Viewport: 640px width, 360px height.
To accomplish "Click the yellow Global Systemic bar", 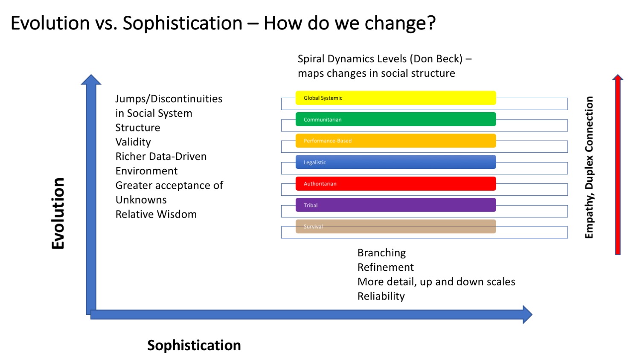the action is pyautogui.click(x=396, y=98).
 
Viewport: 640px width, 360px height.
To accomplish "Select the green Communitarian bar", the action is pyautogui.click(x=396, y=119).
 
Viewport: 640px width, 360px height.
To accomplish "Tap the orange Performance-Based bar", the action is pyautogui.click(x=396, y=141).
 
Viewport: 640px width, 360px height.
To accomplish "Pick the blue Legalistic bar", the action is pyautogui.click(x=396, y=162).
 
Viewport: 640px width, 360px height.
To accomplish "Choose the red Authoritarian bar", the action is pyautogui.click(x=396, y=183).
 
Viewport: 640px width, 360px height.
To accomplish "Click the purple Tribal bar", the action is pyautogui.click(x=396, y=205).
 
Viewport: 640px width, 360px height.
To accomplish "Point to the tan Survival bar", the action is pyautogui.click(x=396, y=226).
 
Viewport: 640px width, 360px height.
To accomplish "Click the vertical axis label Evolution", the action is pyautogui.click(x=58, y=213).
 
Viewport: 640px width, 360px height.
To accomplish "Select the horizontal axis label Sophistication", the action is pyautogui.click(x=194, y=345).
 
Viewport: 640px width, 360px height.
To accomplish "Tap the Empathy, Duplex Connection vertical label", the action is pyautogui.click(x=589, y=168).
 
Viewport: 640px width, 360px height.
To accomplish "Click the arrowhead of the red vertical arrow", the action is pyautogui.click(x=618, y=77).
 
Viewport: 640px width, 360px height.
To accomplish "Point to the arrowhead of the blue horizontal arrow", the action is pyautogui.click(x=527, y=314).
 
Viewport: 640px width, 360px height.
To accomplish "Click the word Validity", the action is pyautogui.click(x=133, y=142).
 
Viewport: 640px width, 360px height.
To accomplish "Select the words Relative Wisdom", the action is pyautogui.click(x=156, y=214).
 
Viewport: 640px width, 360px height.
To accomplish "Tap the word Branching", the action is pyautogui.click(x=381, y=253).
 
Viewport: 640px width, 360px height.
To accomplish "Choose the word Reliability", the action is pyautogui.click(x=381, y=296).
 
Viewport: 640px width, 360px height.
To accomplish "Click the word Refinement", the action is pyautogui.click(x=385, y=267).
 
